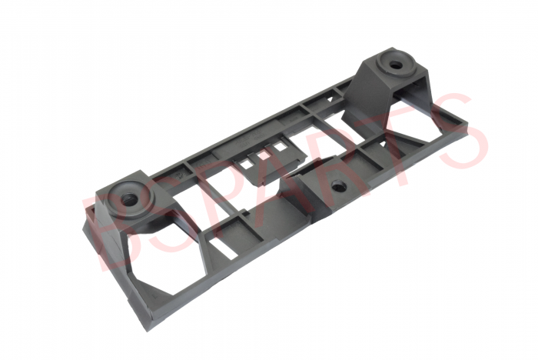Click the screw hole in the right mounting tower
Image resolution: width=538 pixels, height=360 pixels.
pos(396,65)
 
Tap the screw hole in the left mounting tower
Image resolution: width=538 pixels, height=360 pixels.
pos(129,198)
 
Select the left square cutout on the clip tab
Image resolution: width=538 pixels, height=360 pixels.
pos(246,165)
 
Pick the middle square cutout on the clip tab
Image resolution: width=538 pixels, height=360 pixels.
pos(264,155)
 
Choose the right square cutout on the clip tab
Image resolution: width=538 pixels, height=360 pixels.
pos(280,147)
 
